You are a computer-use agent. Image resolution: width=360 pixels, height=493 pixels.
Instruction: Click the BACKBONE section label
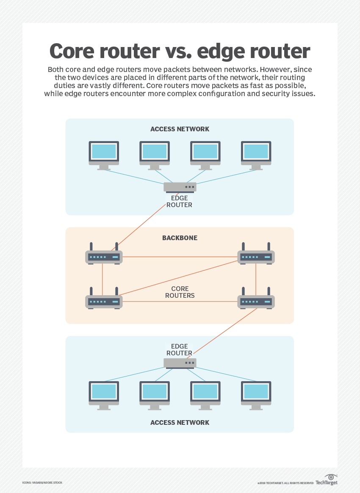click(x=180, y=238)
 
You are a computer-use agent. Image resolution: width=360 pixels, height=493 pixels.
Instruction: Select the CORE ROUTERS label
click(x=180, y=292)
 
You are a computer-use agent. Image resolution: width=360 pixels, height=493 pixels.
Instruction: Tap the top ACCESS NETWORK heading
click(x=180, y=129)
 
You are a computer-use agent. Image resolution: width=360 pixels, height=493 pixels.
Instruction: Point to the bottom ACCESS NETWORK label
click(x=180, y=422)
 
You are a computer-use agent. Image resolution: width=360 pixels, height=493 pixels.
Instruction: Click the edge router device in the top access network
click(x=180, y=187)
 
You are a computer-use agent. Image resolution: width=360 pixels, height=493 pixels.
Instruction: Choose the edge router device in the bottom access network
click(x=180, y=363)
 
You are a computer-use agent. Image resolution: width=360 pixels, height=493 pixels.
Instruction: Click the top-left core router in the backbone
click(x=104, y=256)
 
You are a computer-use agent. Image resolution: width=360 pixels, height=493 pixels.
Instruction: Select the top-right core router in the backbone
click(x=256, y=256)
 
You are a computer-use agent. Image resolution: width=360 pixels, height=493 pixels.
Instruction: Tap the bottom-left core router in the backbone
click(x=104, y=301)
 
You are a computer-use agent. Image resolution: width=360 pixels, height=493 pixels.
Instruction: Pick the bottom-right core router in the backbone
click(x=256, y=301)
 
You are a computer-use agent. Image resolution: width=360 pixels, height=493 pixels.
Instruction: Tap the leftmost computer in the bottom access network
click(x=104, y=394)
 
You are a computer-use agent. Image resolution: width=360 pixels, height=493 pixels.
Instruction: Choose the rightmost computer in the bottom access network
click(x=256, y=394)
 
